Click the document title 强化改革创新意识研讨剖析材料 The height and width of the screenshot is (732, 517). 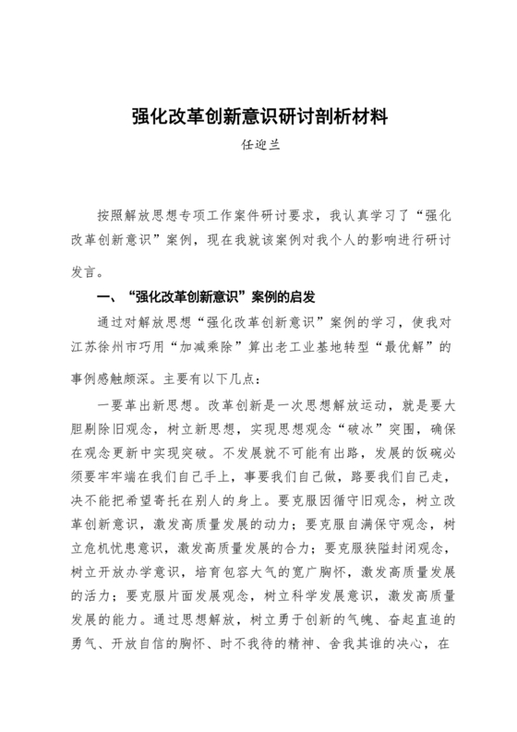258,118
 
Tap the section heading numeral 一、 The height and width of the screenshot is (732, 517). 107,297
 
